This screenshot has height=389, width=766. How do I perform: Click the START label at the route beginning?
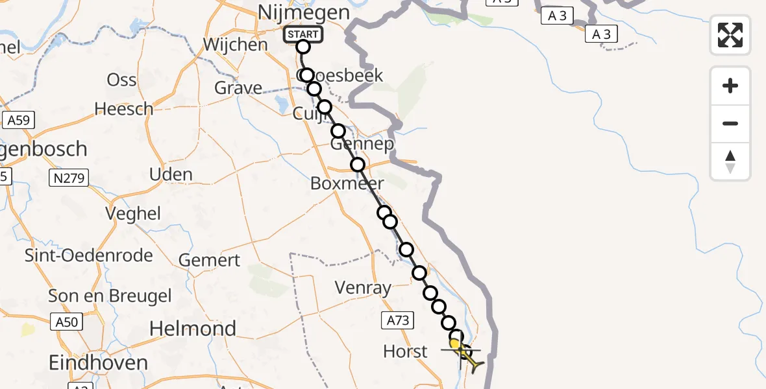[303, 34]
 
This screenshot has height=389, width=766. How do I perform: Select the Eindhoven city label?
[99, 362]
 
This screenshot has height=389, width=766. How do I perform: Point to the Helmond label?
[193, 329]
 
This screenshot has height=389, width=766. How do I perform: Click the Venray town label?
[363, 287]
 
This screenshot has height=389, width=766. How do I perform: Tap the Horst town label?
[405, 351]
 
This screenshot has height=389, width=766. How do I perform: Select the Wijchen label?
[235, 45]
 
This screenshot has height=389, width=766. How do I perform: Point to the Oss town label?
[121, 80]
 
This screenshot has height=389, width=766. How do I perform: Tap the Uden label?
[171, 174]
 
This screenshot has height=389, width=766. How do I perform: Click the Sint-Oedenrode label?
[89, 255]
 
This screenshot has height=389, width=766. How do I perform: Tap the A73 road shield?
[397, 319]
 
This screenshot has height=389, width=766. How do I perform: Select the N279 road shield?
[69, 178]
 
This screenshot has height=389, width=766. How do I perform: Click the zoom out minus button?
[730, 123]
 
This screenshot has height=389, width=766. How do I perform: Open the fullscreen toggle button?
[730, 35]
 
